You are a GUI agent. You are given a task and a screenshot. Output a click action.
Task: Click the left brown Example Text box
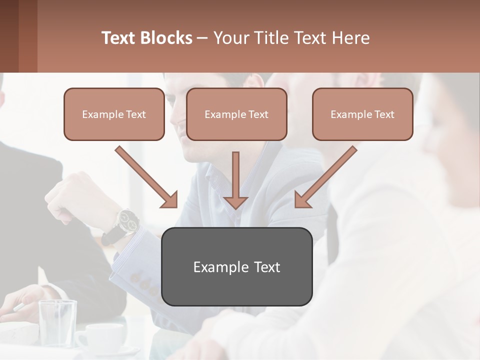click(114, 114)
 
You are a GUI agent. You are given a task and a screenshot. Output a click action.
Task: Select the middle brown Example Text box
click(236, 114)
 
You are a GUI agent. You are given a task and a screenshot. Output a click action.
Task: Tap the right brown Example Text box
click(362, 114)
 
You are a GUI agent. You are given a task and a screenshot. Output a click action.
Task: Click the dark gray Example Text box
click(236, 266)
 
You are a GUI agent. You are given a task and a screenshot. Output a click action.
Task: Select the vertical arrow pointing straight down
click(235, 180)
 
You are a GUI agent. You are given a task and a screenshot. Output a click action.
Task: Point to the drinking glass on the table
click(57, 322)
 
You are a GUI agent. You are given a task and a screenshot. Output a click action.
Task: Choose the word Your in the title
click(230, 38)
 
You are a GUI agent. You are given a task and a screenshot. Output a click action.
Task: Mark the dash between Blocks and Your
click(202, 38)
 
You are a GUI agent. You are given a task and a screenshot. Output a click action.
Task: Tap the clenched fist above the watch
click(70, 197)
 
